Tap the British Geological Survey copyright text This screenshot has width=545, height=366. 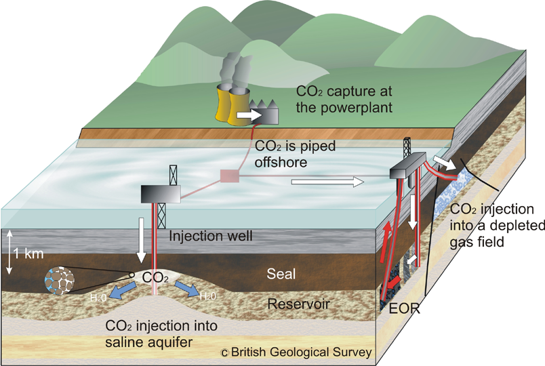[x=296, y=352]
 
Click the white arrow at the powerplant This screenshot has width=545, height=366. [x=252, y=116]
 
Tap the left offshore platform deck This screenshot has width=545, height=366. [x=161, y=194]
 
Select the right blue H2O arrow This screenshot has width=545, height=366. [x=191, y=289]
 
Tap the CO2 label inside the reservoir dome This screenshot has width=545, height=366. [x=155, y=277]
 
